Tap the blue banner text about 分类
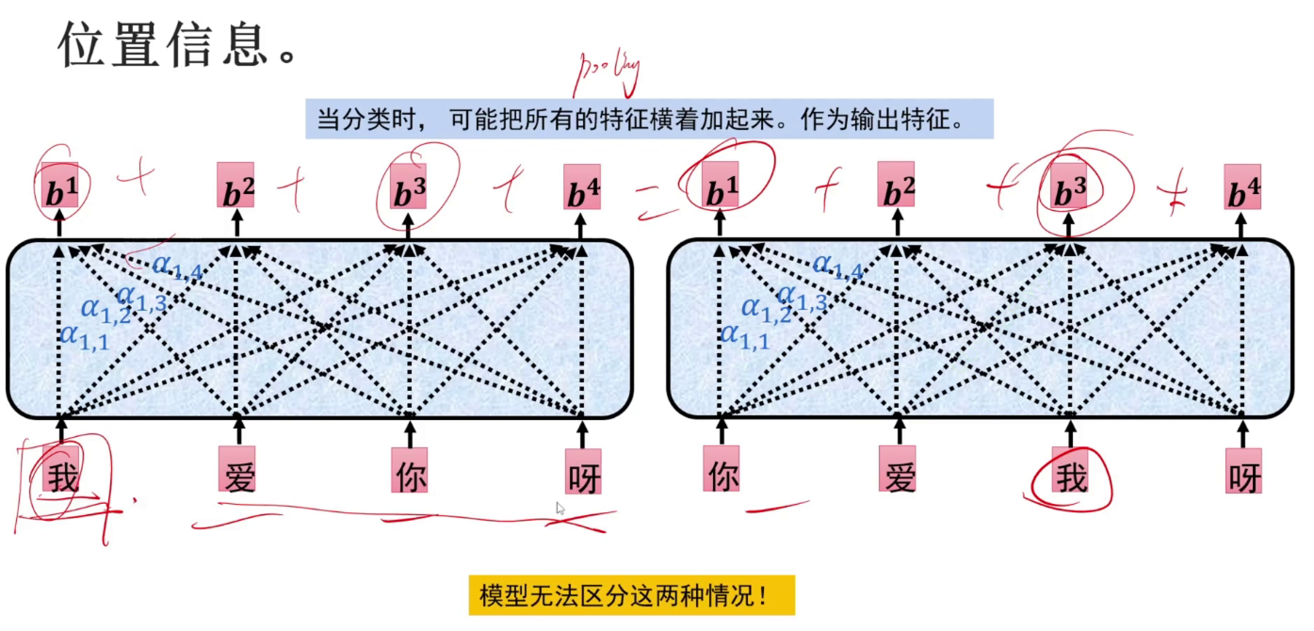click(649, 120)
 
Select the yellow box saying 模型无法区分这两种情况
click(631, 595)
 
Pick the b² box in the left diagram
click(235, 187)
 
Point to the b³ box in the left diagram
click(409, 189)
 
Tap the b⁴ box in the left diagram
click(581, 188)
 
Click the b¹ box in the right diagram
click(721, 189)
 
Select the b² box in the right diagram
click(896, 186)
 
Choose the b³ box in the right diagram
click(1070, 189)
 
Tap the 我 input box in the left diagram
click(62, 472)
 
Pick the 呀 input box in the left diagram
click(583, 473)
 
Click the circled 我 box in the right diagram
click(1071, 473)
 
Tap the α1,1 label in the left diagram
click(84, 336)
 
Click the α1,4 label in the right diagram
click(837, 268)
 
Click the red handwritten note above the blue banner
click(608, 71)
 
